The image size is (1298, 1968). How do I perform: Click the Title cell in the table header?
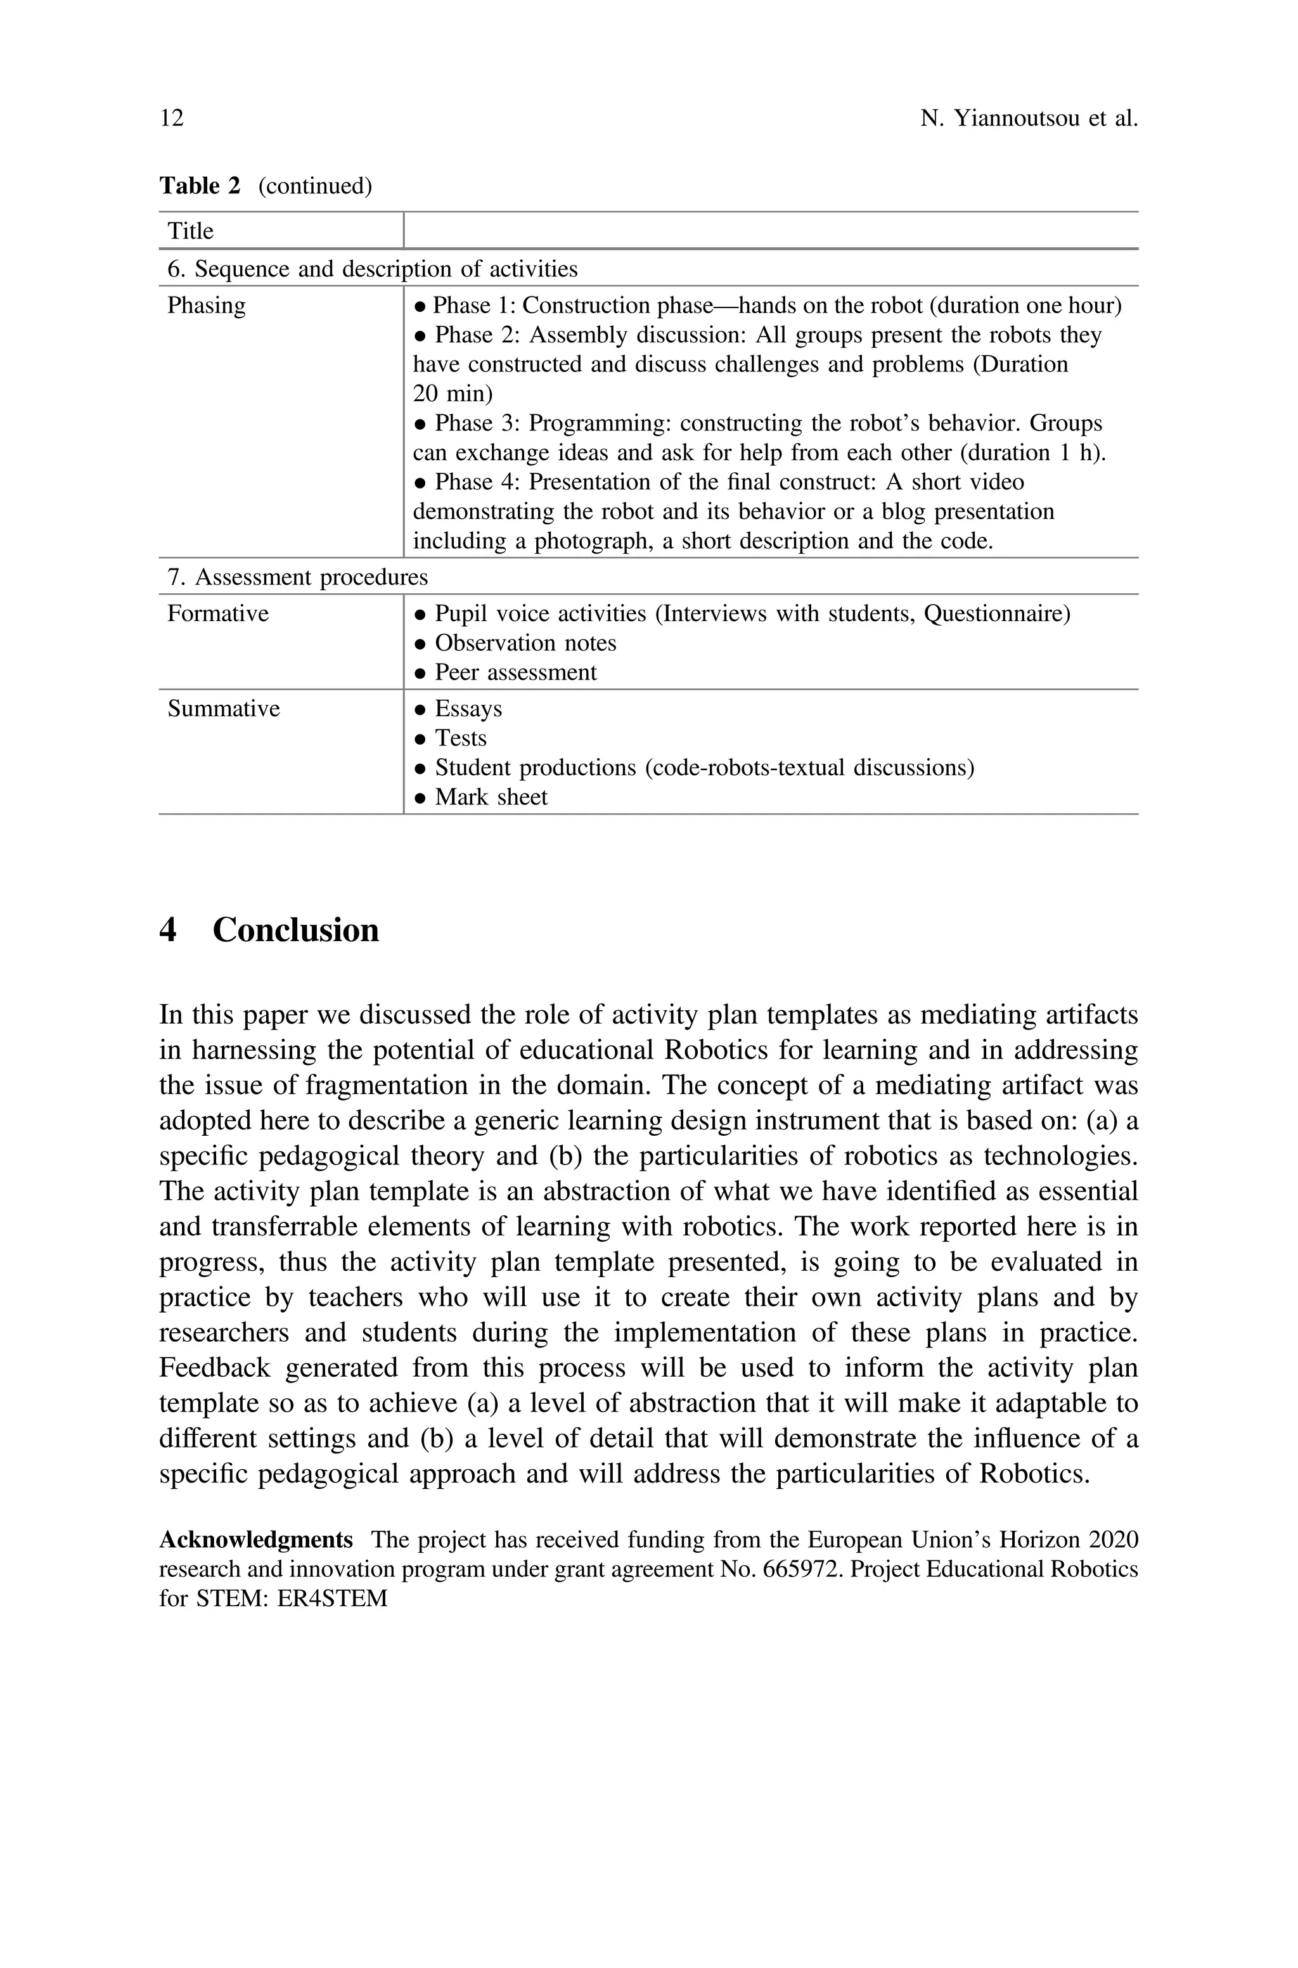[190, 231]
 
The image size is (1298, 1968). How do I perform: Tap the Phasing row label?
[206, 305]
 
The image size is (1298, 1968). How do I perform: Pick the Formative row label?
[218, 614]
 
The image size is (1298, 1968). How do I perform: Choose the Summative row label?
[224, 709]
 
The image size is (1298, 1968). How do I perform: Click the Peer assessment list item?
[515, 672]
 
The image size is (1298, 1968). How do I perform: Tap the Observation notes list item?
[525, 643]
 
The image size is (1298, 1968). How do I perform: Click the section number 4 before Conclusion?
[168, 930]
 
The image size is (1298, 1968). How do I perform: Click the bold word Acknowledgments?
[256, 1540]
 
